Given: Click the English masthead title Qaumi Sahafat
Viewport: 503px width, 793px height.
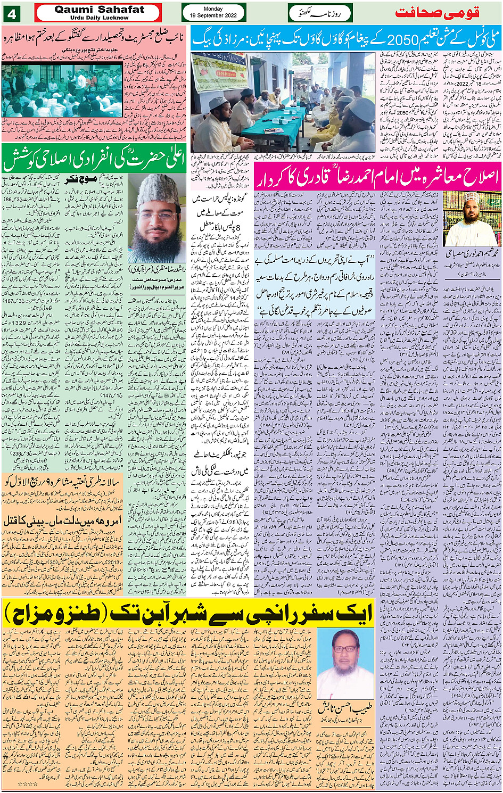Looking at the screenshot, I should coord(99,10).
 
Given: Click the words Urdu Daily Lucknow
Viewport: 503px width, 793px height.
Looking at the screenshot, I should coord(99,18).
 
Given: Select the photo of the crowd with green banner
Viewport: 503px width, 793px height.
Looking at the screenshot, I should coord(63,90).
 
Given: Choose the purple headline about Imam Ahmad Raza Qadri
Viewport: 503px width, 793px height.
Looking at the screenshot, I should coord(377,177).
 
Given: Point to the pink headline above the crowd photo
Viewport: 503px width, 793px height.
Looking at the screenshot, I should coord(94,39).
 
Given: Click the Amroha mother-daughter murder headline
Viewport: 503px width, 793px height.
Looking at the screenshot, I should coord(62,520).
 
